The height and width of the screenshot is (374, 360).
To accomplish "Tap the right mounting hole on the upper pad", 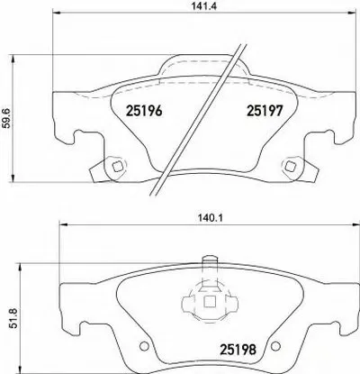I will tap(290, 167).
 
